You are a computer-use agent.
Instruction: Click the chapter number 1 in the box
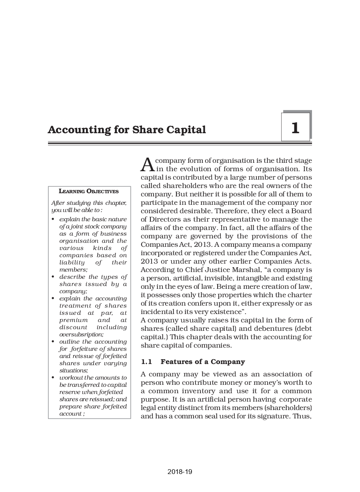pos(295,128)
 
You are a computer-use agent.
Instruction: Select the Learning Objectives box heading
pos(89,191)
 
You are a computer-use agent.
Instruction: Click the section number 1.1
pos(147,362)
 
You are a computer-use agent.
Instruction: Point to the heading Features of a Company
pos(202,362)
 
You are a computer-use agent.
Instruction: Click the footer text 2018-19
pos(180,472)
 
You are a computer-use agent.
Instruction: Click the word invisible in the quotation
pos(221,278)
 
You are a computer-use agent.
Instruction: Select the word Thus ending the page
pos(302,416)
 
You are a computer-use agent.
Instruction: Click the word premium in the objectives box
pos(74,320)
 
